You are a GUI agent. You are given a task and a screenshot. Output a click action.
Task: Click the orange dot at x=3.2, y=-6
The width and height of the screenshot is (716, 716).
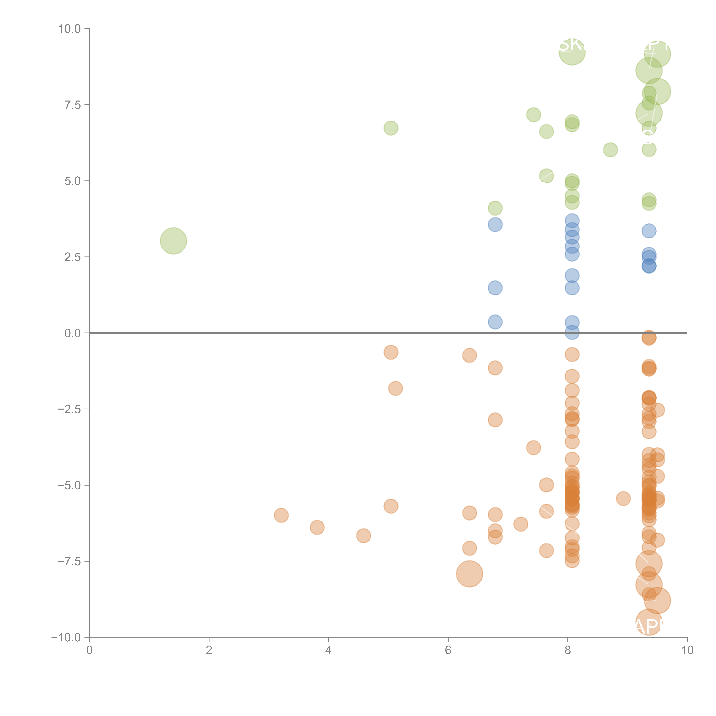pos(281,515)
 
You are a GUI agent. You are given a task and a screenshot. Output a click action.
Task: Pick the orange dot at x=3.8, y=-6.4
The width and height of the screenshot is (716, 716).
pos(317,527)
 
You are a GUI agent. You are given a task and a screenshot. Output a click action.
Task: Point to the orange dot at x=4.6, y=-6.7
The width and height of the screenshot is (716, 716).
pos(364,536)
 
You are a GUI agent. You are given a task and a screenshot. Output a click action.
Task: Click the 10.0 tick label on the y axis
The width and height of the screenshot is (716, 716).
pos(70,29)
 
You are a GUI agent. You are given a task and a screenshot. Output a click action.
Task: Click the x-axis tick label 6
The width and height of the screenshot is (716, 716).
pos(448,650)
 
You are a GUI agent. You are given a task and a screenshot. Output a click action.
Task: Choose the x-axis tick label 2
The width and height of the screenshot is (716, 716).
pos(209,650)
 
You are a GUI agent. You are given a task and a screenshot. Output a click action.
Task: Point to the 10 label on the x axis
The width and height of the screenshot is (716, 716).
pos(687,650)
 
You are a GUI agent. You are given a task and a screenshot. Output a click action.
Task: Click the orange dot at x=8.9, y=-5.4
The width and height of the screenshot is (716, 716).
pos(623,498)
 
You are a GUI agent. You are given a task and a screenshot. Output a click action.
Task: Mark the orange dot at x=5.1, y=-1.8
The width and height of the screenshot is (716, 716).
pos(395,388)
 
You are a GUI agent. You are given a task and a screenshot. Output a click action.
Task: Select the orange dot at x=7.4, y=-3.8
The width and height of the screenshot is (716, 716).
pos(533,448)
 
